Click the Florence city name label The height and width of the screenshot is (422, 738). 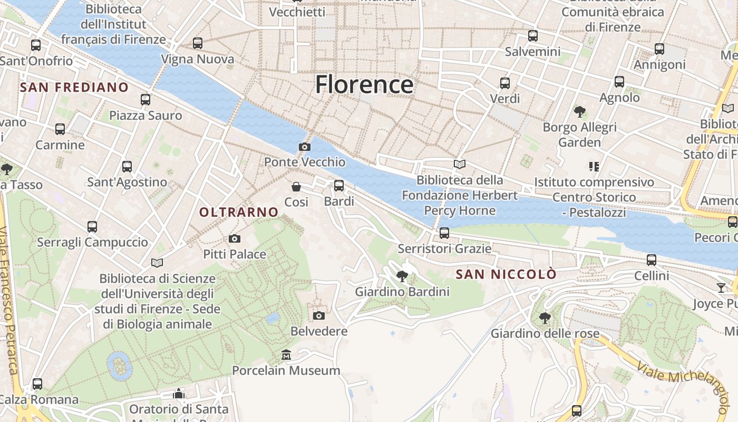tap(364, 84)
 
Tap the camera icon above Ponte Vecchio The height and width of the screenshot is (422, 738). tap(305, 147)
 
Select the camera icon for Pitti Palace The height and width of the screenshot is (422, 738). tap(235, 239)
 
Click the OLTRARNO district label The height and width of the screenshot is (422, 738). tap(239, 212)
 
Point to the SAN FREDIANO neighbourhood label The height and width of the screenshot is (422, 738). tap(74, 87)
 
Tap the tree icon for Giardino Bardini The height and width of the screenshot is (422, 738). tap(402, 276)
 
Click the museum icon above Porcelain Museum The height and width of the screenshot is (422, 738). tap(286, 354)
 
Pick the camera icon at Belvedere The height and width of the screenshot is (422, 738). tap(319, 315)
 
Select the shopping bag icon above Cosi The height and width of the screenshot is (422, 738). tap(296, 186)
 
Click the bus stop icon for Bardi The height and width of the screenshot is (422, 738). tap(339, 186)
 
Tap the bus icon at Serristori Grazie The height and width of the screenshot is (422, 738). tap(444, 233)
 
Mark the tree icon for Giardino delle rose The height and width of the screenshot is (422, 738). tap(545, 318)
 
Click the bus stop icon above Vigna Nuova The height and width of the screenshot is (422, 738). tap(198, 43)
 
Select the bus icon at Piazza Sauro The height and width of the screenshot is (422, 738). tap(145, 99)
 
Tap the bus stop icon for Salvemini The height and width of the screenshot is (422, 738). tap(533, 36)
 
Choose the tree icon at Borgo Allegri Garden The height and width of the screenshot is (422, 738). tap(580, 112)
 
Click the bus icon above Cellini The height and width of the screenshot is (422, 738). tap(652, 260)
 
